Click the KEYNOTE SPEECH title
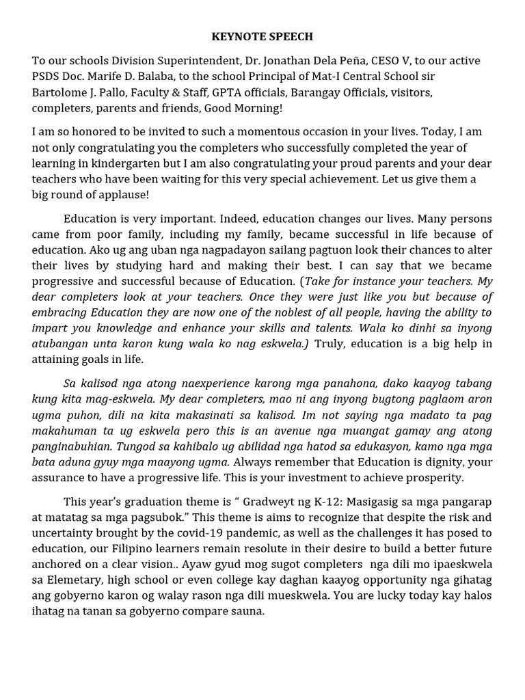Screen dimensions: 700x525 [x=262, y=36]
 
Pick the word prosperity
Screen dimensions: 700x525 [x=430, y=478]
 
